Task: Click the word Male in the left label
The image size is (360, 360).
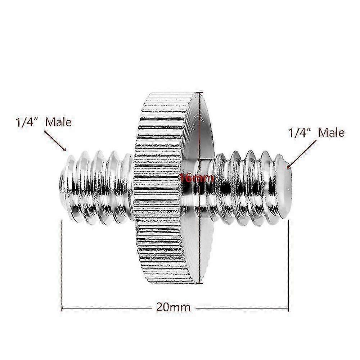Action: pyautogui.click(x=58, y=122)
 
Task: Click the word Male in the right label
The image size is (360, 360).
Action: pyautogui.click(x=332, y=132)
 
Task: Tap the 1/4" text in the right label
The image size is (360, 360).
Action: pyautogui.click(x=299, y=132)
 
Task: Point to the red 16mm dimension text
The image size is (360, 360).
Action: pyautogui.click(x=197, y=177)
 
